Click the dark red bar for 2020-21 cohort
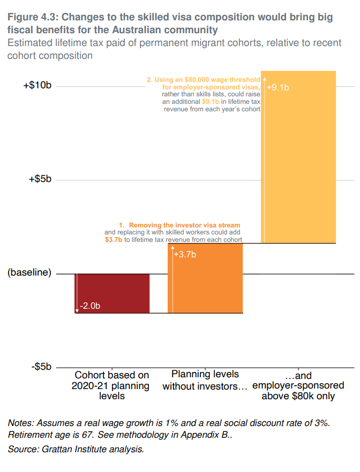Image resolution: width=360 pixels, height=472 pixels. [x=111, y=293]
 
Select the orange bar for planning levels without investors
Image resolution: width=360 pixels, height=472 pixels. [x=205, y=278]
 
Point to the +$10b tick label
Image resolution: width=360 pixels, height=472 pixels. [x=37, y=86]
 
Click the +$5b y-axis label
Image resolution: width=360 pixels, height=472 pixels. [x=40, y=180]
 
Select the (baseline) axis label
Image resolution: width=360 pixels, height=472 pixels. [x=29, y=273]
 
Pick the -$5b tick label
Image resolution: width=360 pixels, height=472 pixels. [x=41, y=368]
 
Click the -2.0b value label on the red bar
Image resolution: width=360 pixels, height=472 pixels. [x=90, y=306]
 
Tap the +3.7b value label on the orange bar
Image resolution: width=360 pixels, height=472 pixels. [x=185, y=255]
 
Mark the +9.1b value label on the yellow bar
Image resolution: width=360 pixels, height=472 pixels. [x=277, y=88]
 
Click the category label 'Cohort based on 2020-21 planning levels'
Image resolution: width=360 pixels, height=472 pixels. [x=111, y=386]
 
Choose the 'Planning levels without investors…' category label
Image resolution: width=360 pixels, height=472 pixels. [x=205, y=380]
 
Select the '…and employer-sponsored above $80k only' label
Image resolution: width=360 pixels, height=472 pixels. [x=298, y=386]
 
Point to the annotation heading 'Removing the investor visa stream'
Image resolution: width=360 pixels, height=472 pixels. [x=184, y=225]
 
